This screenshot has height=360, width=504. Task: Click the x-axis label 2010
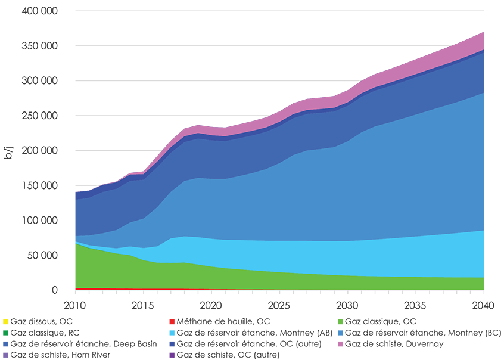click(76, 305)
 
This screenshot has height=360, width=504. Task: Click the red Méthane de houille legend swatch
click(173, 321)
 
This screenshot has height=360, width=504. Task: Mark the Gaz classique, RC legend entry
click(42, 332)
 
